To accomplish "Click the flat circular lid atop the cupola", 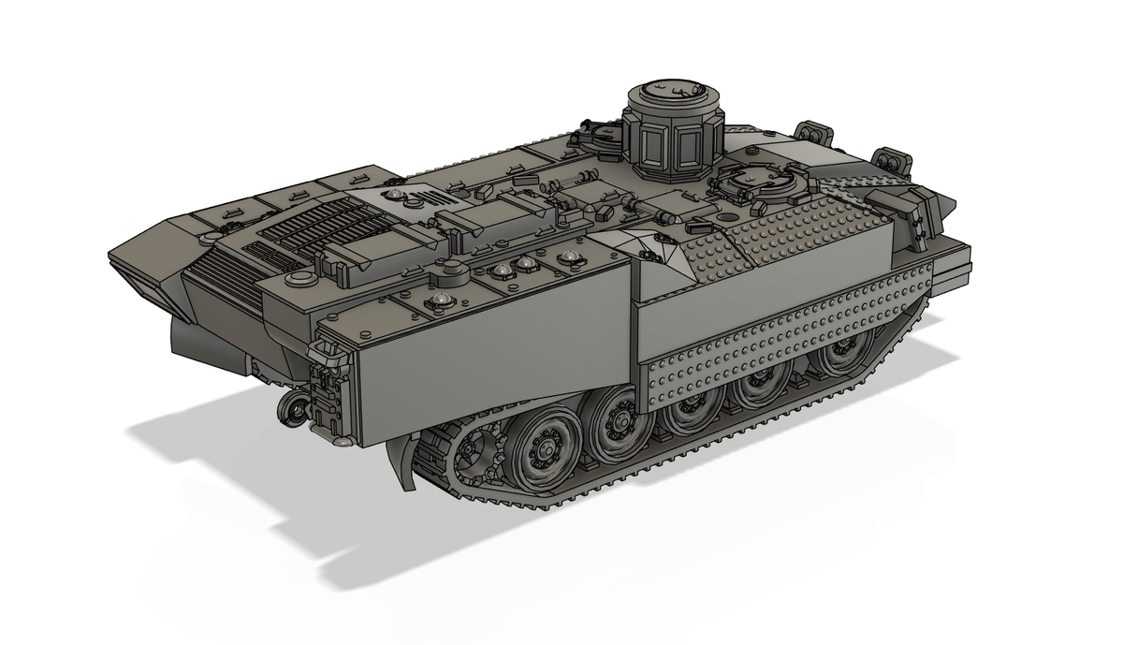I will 672,92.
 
